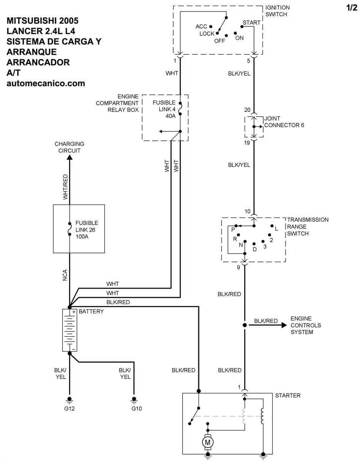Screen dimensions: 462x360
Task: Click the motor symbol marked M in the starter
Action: pyautogui.click(x=207, y=442)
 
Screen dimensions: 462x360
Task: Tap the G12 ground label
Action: pyautogui.click(x=69, y=409)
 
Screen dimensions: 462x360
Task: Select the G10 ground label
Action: pyautogui.click(x=136, y=409)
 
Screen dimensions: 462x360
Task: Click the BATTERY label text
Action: pyautogui.click(x=91, y=311)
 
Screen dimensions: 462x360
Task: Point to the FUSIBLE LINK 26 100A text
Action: pyautogui.click(x=87, y=230)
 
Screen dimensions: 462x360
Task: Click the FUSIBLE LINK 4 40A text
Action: pyautogui.click(x=164, y=109)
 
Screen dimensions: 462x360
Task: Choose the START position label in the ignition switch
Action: pyautogui.click(x=251, y=23)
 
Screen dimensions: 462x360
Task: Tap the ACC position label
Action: pyautogui.click(x=201, y=27)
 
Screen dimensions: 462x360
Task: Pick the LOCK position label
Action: pyautogui.click(x=207, y=34)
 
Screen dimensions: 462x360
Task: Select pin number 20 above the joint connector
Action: pyautogui.click(x=247, y=110)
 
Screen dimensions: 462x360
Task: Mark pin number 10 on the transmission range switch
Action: pyautogui.click(x=247, y=211)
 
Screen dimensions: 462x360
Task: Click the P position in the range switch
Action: pyautogui.click(x=233, y=229)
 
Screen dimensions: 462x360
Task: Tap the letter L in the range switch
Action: pyautogui.click(x=276, y=229)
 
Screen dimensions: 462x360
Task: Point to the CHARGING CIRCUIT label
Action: pyautogui.click(x=69, y=147)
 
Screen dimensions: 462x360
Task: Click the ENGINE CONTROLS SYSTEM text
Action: pyautogui.click(x=306, y=325)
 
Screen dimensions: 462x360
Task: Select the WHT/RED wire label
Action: pyautogui.click(x=65, y=187)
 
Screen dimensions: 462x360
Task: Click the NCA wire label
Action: pyautogui.click(x=65, y=275)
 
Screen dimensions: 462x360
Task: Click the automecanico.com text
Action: pyautogui.click(x=46, y=83)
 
